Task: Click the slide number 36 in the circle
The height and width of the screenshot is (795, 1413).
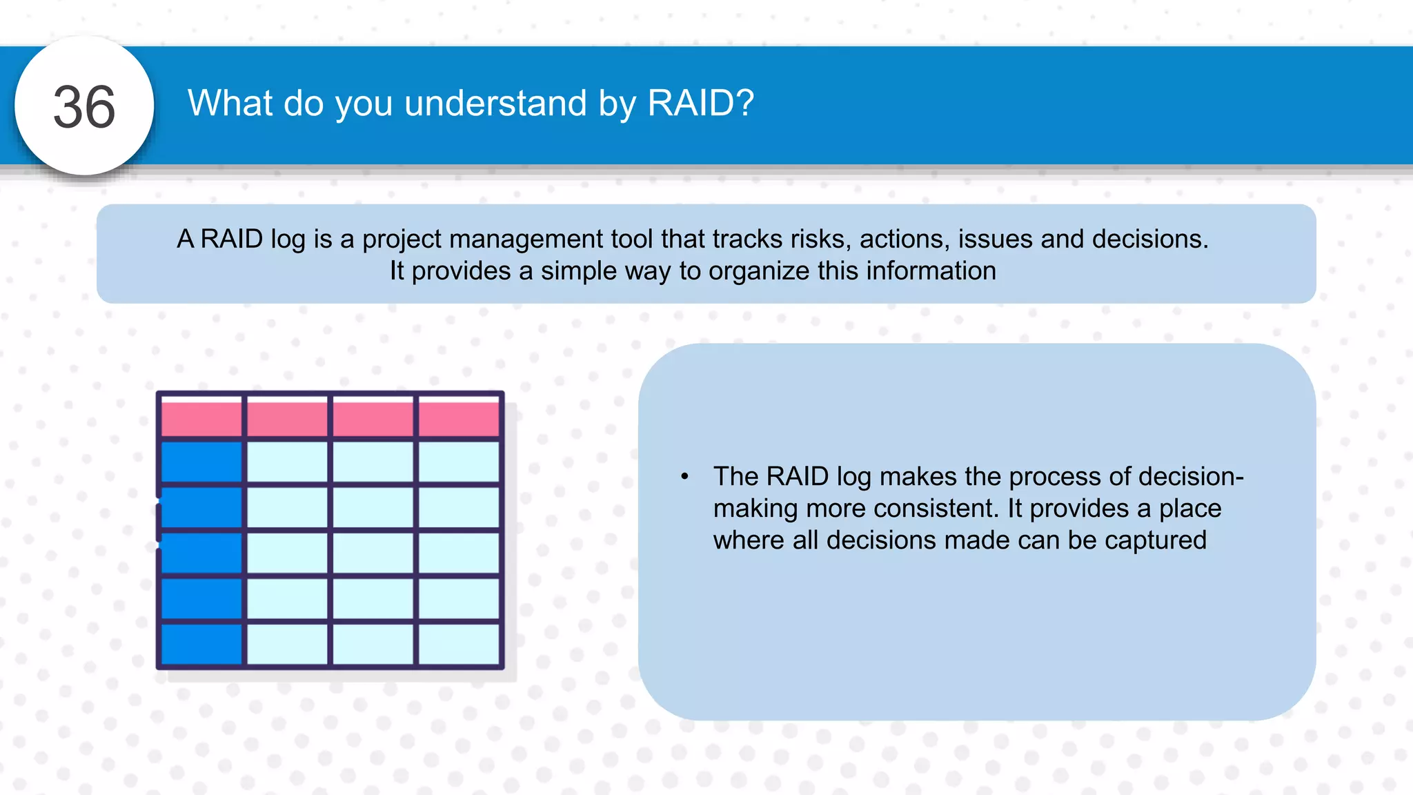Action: (x=84, y=107)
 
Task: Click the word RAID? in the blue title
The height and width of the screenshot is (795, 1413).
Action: (x=700, y=104)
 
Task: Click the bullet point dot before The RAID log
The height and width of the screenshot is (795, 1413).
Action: (x=684, y=477)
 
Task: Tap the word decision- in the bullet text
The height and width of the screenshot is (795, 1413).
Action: (x=1191, y=477)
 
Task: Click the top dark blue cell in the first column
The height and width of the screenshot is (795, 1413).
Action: (x=201, y=462)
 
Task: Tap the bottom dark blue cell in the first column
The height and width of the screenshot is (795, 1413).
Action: (x=201, y=643)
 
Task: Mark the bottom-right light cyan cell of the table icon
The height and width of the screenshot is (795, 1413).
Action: (x=459, y=643)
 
